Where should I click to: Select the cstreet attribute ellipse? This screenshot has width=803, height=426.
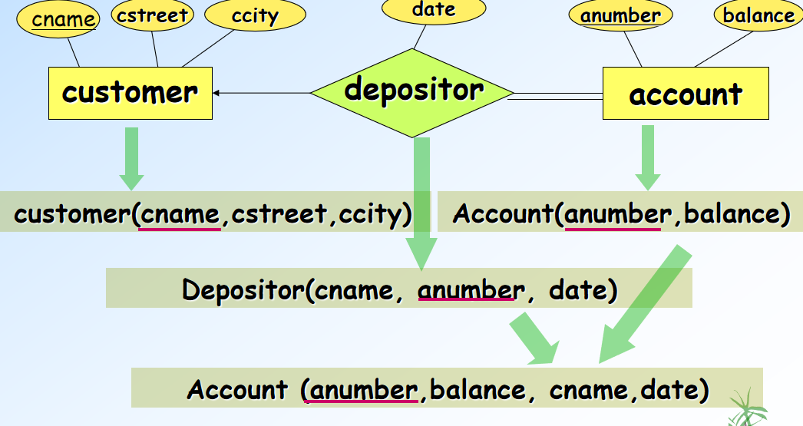[x=152, y=15]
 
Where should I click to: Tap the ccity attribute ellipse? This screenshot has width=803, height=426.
[x=255, y=16]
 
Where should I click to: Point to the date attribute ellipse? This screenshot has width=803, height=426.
[x=433, y=11]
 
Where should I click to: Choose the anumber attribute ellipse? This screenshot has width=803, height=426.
[x=620, y=15]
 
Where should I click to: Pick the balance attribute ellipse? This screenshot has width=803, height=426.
[x=758, y=16]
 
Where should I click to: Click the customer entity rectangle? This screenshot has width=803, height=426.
[x=130, y=93]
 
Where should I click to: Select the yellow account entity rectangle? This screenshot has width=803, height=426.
[x=686, y=94]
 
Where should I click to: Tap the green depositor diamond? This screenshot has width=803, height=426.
[x=414, y=91]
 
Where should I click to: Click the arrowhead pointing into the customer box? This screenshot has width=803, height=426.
[x=217, y=93]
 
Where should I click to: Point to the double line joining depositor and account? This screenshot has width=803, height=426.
[x=557, y=96]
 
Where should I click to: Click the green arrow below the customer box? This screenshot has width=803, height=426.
[x=131, y=158]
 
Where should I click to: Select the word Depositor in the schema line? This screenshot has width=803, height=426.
[x=243, y=290]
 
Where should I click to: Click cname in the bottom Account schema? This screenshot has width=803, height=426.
[x=588, y=389]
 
